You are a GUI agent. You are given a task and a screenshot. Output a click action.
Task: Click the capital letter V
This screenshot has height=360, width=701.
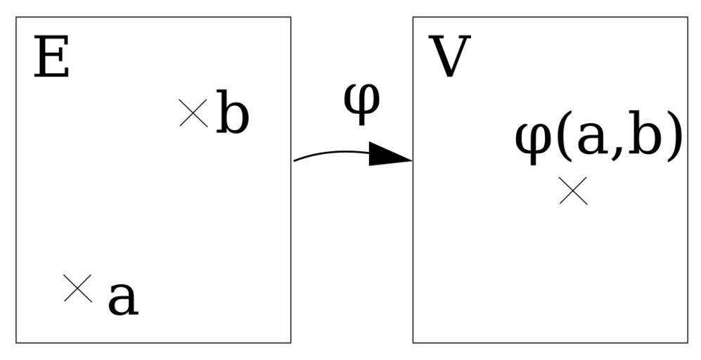click(x=449, y=58)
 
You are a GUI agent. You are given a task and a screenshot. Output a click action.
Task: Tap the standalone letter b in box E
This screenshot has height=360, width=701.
click(x=232, y=112)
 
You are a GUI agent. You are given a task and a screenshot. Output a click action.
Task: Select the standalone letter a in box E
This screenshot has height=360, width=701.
click(x=122, y=299)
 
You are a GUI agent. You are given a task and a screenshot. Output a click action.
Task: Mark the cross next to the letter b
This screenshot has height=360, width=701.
click(x=193, y=113)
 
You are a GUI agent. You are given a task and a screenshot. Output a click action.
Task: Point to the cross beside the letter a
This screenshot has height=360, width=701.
click(x=77, y=288)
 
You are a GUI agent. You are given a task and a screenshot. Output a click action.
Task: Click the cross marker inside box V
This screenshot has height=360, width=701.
click(x=572, y=191)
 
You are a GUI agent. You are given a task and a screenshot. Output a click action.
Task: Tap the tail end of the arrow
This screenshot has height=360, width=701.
click(x=295, y=160)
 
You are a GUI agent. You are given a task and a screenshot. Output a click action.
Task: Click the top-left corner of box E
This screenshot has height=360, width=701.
click(x=16, y=18)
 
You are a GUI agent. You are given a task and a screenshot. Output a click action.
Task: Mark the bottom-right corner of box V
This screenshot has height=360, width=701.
click(x=687, y=342)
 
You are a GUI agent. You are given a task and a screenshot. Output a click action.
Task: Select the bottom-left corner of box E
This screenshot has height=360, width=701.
click(x=16, y=342)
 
